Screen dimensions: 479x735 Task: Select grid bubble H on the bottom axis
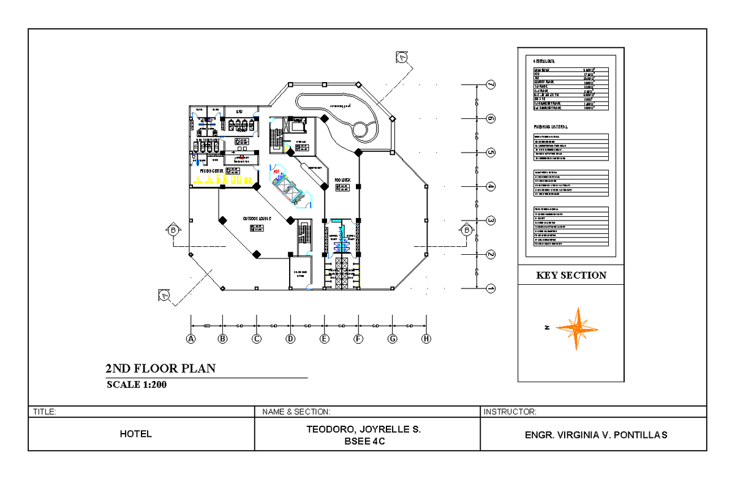426,339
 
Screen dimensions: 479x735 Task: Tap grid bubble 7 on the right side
490,85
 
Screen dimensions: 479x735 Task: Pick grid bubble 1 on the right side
490,288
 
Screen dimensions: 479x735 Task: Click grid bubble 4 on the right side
490,186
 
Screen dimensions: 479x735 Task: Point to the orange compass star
576,329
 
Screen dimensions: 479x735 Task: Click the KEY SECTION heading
571,276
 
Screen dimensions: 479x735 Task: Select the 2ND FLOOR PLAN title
160,369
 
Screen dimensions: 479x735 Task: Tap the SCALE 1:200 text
137,385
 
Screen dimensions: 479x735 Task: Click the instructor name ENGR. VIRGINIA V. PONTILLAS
595,435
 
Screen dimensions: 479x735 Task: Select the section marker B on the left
173,230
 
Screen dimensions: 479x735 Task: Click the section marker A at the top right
402,57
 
